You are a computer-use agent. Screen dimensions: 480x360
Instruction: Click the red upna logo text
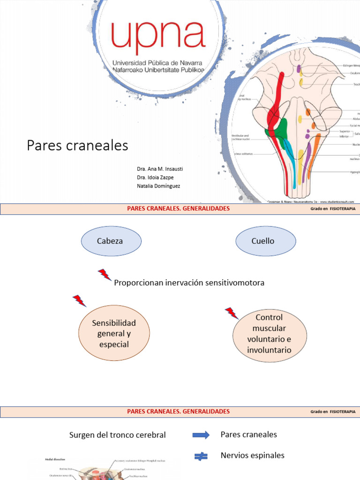158,38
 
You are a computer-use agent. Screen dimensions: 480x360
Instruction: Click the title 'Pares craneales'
77,145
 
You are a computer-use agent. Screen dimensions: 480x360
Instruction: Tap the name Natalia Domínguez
158,186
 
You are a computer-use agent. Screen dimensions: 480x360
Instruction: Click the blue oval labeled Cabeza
111,241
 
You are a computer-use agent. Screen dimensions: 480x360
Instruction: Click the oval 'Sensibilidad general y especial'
114,334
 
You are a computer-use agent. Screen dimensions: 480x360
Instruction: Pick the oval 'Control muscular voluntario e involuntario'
270,334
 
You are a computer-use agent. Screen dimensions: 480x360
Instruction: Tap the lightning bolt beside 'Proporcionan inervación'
105,275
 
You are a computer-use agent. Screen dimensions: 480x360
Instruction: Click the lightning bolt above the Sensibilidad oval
79,300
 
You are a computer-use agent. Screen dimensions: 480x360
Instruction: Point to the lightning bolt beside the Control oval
232,313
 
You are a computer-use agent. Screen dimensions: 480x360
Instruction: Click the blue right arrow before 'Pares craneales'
201,435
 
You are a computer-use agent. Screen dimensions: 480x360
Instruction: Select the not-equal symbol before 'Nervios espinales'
201,456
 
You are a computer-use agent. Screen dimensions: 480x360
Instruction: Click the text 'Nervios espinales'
252,455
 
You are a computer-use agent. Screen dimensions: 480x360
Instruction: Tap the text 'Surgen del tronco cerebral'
117,435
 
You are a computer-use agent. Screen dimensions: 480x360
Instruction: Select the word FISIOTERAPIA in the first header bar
342,208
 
